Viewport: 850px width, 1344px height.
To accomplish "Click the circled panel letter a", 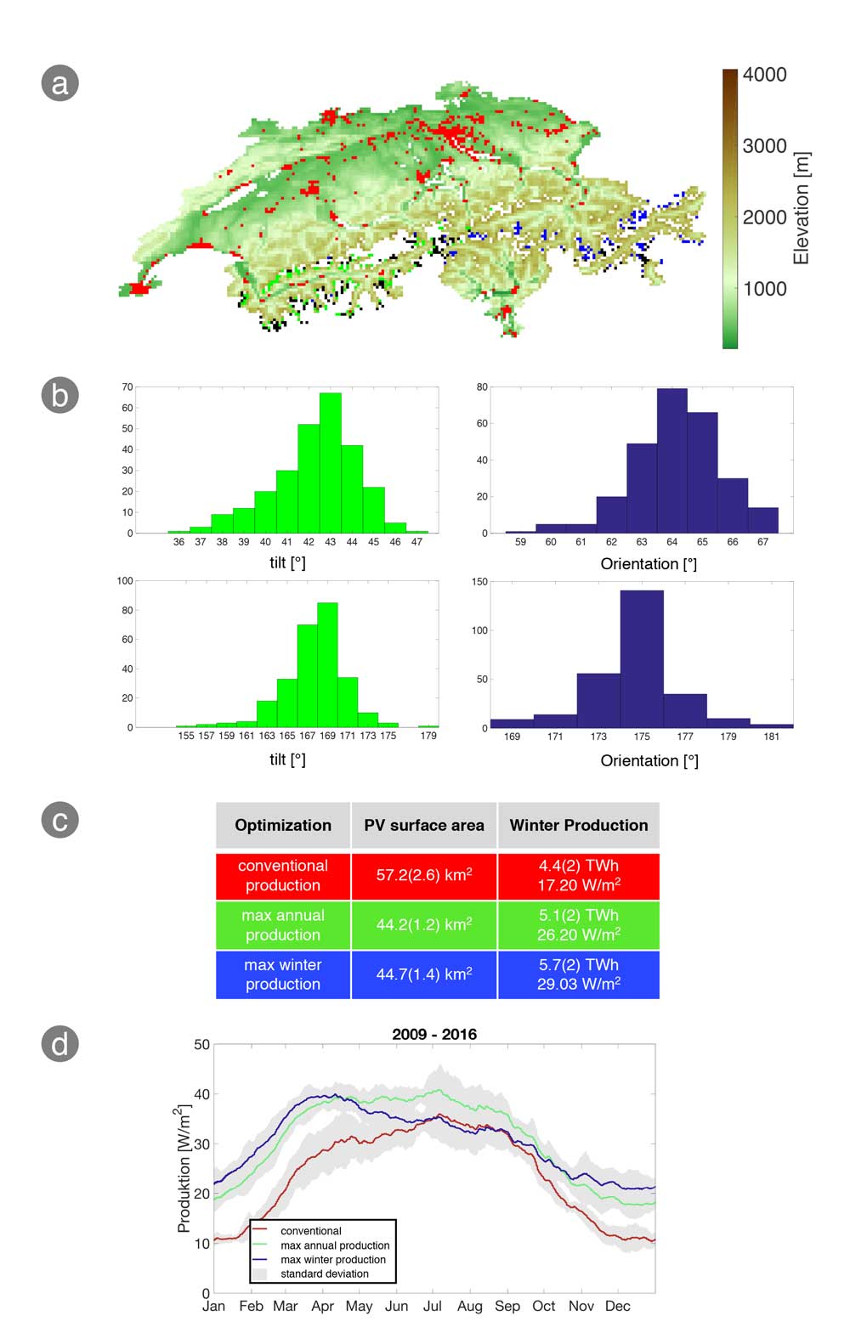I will pyautogui.click(x=59, y=83).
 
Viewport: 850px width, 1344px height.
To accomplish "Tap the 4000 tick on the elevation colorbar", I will pyautogui.click(x=764, y=75).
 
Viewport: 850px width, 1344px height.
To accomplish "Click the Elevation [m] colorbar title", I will pyautogui.click(x=801, y=208).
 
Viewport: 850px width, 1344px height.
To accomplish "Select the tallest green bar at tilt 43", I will pyautogui.click(x=330, y=463).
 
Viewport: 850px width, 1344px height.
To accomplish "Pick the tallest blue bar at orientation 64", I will pyautogui.click(x=671, y=460).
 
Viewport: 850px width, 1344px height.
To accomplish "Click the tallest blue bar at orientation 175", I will pyautogui.click(x=642, y=658).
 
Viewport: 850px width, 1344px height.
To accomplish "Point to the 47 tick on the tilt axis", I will pyautogui.click(x=416, y=542).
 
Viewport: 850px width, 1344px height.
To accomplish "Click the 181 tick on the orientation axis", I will pyautogui.click(x=771, y=737).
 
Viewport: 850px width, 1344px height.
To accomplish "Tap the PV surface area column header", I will pyautogui.click(x=424, y=825).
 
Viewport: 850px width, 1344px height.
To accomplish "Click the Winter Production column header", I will pyautogui.click(x=578, y=825).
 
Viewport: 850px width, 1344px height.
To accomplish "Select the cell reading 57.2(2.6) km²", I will pyautogui.click(x=424, y=875).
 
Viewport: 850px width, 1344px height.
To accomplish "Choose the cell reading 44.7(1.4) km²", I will pyautogui.click(x=424, y=974).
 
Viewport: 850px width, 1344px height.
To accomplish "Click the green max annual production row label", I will pyautogui.click(x=283, y=925).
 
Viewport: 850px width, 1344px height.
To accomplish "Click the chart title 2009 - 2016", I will pyautogui.click(x=434, y=1034).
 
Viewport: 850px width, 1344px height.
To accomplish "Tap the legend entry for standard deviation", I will pyautogui.click(x=324, y=1273).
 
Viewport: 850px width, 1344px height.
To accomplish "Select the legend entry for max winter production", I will pyautogui.click(x=332, y=1259).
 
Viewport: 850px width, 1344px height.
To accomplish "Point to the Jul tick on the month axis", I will pyautogui.click(x=432, y=1307).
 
